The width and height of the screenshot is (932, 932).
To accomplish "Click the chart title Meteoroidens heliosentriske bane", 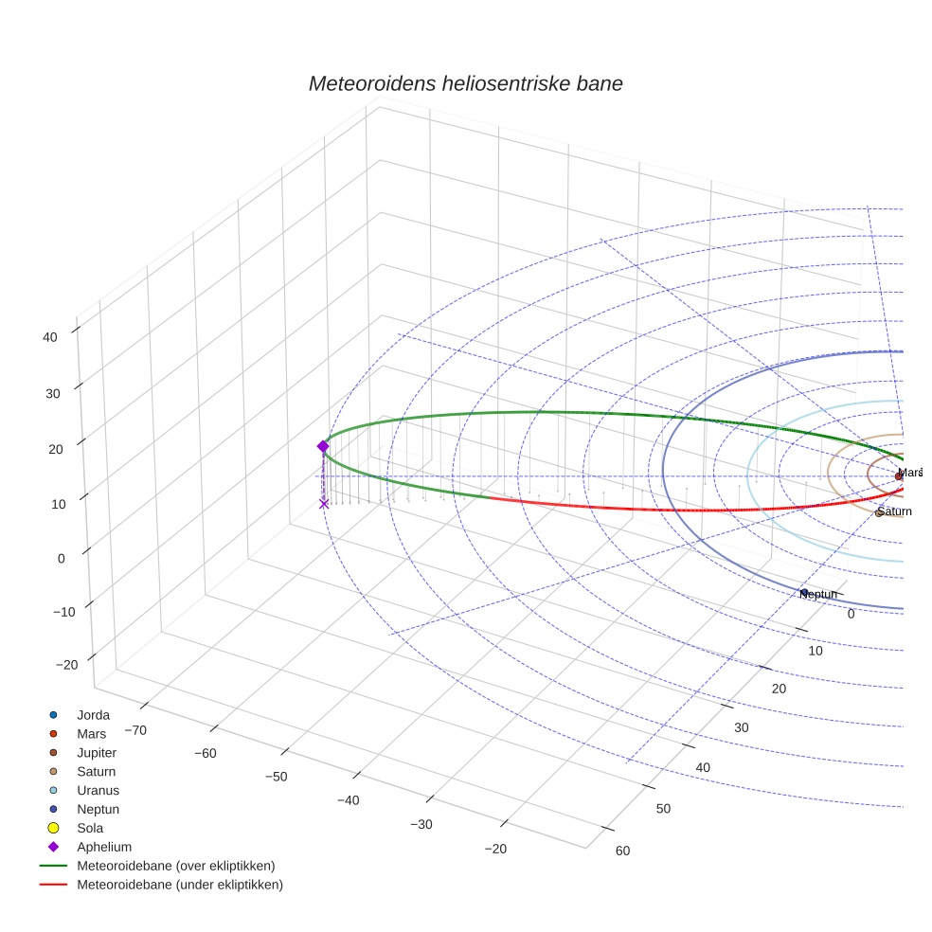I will pyautogui.click(x=465, y=83).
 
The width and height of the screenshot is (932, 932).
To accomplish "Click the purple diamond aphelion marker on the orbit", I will pyautogui.click(x=323, y=446).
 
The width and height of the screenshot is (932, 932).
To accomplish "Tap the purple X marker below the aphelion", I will pyautogui.click(x=324, y=504).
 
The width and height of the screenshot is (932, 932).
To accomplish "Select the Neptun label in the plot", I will pyautogui.click(x=818, y=594).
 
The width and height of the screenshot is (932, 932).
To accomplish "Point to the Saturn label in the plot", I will pyautogui.click(x=894, y=511).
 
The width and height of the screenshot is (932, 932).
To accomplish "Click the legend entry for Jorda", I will pyautogui.click(x=93, y=715).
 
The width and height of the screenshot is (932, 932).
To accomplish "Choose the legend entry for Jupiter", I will pyautogui.click(x=97, y=753).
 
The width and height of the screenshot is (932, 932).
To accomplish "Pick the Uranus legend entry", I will pyautogui.click(x=98, y=790).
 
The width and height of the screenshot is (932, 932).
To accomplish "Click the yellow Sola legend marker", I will pyautogui.click(x=54, y=828).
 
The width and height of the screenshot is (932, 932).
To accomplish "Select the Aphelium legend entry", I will pyautogui.click(x=104, y=847).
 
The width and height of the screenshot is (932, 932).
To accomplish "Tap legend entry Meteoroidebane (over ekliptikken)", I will pyautogui.click(x=175, y=866).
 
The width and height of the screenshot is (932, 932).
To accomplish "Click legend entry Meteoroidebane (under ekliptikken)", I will pyautogui.click(x=180, y=885).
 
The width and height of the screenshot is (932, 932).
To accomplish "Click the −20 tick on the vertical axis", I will pyautogui.click(x=66, y=665).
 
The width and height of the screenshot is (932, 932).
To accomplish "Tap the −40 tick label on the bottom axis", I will pyautogui.click(x=348, y=801).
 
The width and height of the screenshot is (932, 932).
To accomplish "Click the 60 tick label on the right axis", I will pyautogui.click(x=622, y=851).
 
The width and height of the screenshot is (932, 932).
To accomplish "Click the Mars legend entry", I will pyautogui.click(x=91, y=734).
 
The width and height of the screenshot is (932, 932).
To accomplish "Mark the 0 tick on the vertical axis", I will pyautogui.click(x=61, y=558).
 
